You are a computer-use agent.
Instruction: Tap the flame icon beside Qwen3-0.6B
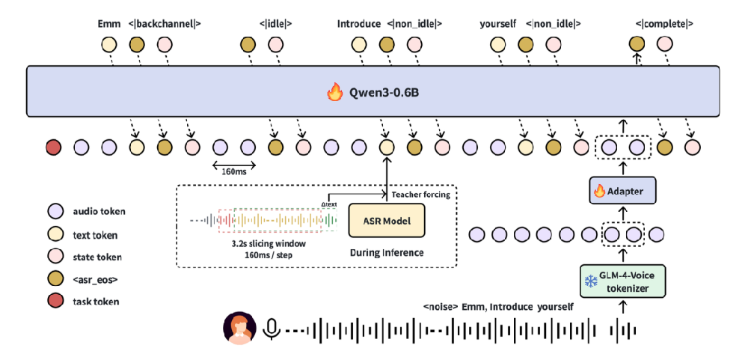pos(334,93)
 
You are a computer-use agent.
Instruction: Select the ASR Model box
pos(385,222)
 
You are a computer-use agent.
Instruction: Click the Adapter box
pos(617,191)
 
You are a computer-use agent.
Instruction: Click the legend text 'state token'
pos(98,257)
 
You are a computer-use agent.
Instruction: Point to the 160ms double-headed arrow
pos(233,165)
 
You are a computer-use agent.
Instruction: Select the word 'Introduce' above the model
pos(359,24)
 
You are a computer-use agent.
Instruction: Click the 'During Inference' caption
pos(386,253)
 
